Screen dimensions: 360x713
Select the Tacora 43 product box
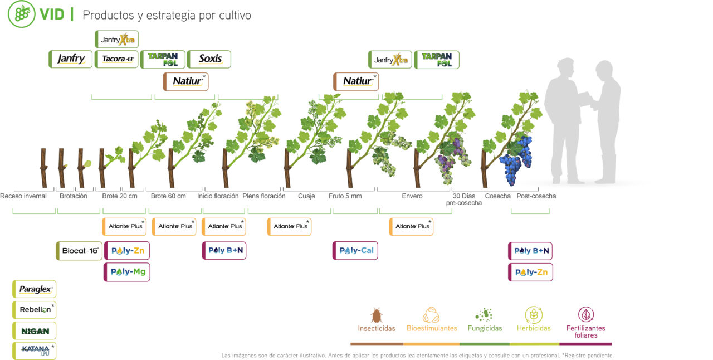point(117,59)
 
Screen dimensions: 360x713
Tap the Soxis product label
point(209,59)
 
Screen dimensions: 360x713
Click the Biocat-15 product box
point(80,251)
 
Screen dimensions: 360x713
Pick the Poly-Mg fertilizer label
point(127,272)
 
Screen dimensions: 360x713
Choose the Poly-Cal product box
point(355,251)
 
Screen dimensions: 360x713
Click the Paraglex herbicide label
point(35,289)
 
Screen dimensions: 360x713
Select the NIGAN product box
point(35,330)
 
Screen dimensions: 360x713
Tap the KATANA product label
point(35,351)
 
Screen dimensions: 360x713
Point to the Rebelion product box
point(35,310)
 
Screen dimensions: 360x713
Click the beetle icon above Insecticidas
point(377,315)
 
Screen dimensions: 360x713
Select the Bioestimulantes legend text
point(431,328)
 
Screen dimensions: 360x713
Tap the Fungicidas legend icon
point(484,314)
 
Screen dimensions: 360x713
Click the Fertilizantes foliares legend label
point(585,332)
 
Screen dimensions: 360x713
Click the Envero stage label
point(412,196)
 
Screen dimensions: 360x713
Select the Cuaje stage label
point(306,196)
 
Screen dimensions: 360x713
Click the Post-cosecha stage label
point(536,196)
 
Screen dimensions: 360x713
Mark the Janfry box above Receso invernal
point(71,59)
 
